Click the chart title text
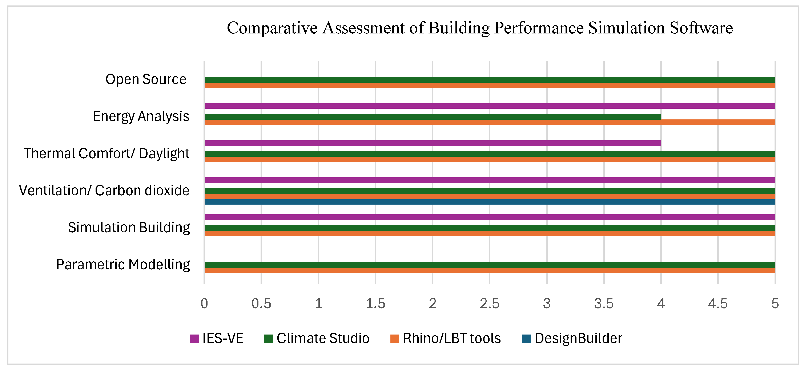point(480,28)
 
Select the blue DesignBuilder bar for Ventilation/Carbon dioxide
point(490,202)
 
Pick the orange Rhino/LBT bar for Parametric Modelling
point(490,271)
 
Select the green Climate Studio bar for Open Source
point(490,80)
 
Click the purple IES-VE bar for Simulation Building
point(490,217)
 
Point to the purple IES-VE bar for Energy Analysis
point(490,106)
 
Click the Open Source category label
point(146,79)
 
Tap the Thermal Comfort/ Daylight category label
point(107,153)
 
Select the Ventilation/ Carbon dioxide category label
point(104,190)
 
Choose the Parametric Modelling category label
point(123,265)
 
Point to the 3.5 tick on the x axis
point(604,303)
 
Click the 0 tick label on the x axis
point(204,303)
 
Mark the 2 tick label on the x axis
point(432,303)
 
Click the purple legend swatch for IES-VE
point(194,339)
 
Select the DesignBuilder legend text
point(578,338)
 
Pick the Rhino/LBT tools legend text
point(452,338)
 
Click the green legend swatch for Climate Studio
point(268,339)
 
